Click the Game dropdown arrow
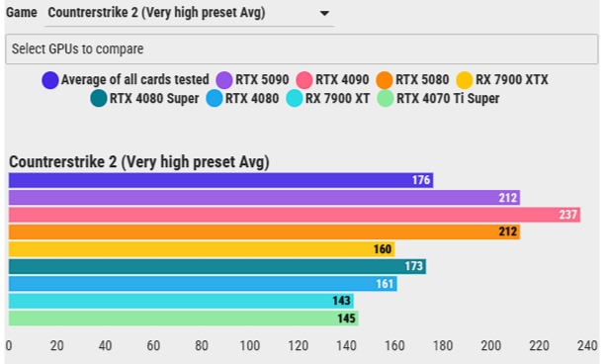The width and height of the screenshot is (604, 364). point(324,15)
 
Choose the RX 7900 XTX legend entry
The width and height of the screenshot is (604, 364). point(503,79)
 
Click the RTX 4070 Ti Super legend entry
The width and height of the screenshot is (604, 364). point(440,98)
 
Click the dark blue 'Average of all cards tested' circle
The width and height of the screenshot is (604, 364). point(49,79)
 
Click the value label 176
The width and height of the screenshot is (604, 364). point(421,180)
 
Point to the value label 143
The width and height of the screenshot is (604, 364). point(342,301)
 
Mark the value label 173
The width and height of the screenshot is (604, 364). point(414,266)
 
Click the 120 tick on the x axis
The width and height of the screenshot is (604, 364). point(298,346)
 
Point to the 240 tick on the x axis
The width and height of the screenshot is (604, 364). point(586,346)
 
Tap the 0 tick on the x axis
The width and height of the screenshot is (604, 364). point(9,346)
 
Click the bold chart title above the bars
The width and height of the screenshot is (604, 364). point(139,162)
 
